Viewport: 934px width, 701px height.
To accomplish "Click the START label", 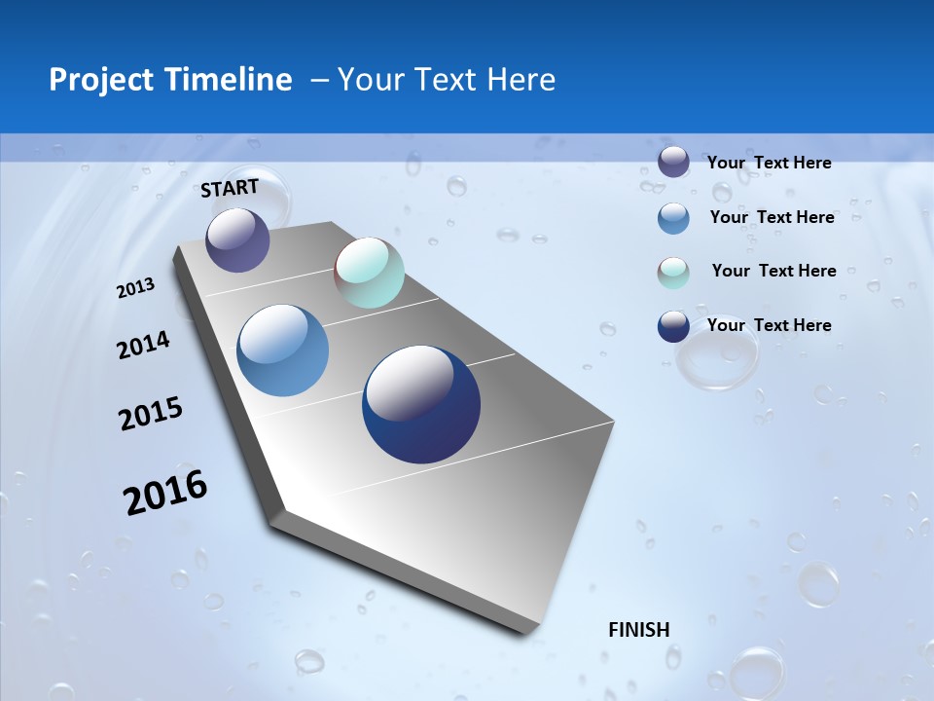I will pos(230,187).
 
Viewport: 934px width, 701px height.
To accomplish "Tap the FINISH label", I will pos(638,630).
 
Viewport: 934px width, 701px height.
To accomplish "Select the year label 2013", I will pos(135,288).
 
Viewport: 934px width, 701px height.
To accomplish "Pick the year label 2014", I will pos(143,345).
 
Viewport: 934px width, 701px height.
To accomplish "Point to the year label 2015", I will pos(151,414).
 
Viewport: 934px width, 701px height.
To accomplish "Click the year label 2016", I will pos(165,493).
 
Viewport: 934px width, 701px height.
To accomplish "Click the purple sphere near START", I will pos(237,240).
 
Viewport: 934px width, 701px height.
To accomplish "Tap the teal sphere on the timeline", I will pos(369,273).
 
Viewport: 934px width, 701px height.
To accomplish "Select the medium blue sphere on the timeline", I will pos(283,350).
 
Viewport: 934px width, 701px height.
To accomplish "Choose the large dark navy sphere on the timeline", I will pos(421,404).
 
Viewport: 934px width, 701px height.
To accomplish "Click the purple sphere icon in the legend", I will pos(673,162).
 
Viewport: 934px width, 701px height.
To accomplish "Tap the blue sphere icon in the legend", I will pos(673,218).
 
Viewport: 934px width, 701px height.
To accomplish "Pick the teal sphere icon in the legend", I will pos(673,273).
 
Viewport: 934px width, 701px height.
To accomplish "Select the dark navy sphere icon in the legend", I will pos(673,326).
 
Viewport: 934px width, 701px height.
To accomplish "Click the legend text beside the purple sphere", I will pos(769,163).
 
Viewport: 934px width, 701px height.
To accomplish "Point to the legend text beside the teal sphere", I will pos(773,271).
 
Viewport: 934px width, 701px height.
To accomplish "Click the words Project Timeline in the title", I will pos(170,80).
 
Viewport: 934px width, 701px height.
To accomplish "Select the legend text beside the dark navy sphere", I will pos(769,325).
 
